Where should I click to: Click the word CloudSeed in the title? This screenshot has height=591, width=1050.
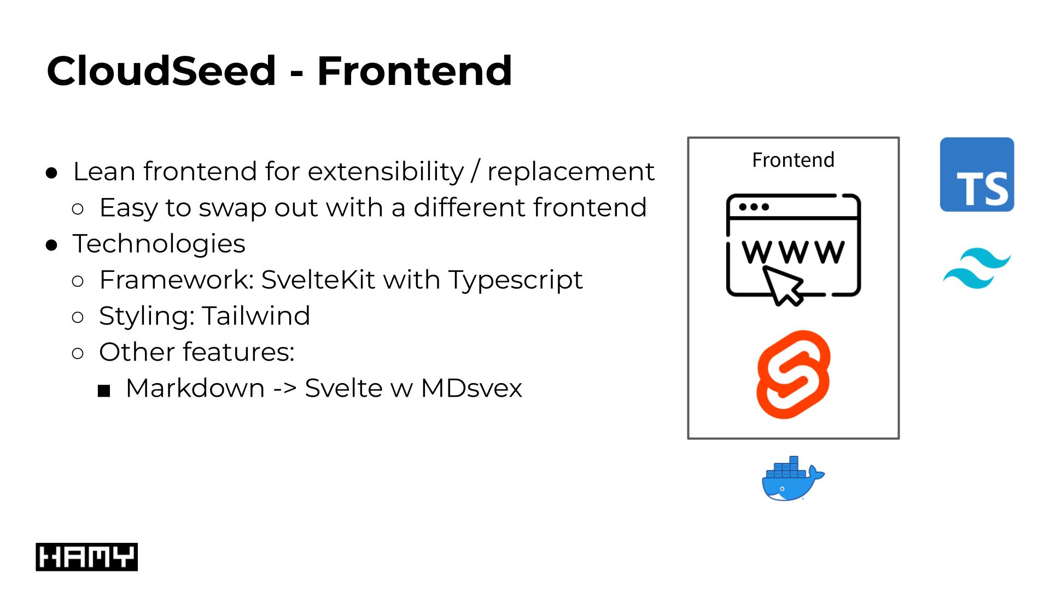pos(161,71)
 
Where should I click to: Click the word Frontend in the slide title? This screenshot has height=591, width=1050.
pos(415,71)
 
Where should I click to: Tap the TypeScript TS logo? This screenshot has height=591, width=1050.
pos(977,175)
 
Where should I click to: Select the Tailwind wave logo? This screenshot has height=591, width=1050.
pos(977,268)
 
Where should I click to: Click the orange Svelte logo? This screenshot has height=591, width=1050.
pos(793,374)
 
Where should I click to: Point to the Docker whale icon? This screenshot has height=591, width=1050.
pos(792,479)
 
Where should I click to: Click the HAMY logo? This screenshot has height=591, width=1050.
pos(86,557)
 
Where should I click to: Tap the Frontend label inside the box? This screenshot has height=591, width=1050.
pos(793,160)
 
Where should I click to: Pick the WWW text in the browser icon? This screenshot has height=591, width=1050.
pos(793,252)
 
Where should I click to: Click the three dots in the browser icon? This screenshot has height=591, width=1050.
pos(754,207)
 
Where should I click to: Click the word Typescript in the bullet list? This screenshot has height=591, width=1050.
pos(516,280)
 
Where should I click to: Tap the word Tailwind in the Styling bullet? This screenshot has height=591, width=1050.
pos(256,316)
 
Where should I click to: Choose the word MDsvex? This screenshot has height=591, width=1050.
pos(471,388)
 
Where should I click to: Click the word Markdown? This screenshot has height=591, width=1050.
pos(195,388)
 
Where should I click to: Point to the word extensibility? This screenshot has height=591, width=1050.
pos(385,171)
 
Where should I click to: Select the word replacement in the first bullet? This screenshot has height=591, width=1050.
pos(570,171)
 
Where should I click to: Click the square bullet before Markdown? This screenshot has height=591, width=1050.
pos(104,391)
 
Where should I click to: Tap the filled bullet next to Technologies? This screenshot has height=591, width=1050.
pos(52,246)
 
